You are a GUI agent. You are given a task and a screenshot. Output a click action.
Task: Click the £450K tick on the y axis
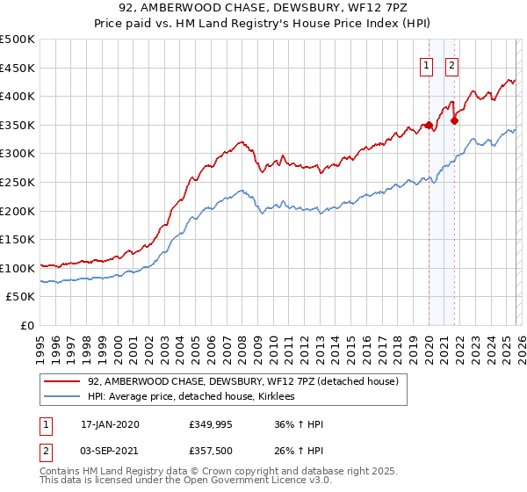[x=18, y=68]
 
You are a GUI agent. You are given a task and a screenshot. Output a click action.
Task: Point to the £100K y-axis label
[x=18, y=268]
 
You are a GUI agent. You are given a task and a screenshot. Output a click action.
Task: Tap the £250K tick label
[x=18, y=182]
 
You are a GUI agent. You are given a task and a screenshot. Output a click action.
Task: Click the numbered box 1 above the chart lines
[x=427, y=64]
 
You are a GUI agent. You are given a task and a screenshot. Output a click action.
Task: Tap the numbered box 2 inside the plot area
[x=452, y=64]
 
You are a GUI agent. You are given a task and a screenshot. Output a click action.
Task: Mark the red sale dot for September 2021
[x=454, y=120]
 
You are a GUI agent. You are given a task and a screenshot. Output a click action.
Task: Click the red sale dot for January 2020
[x=429, y=125]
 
